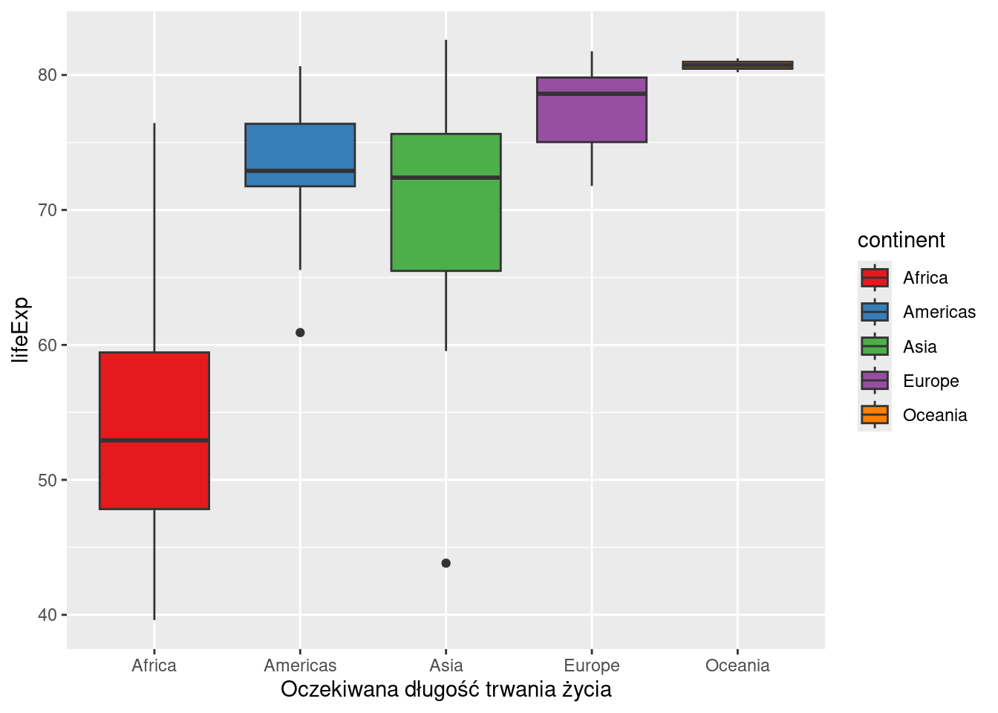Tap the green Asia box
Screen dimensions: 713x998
coord(446,223)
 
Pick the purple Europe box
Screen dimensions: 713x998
coord(592,119)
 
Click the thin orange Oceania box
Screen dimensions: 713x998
coord(737,65)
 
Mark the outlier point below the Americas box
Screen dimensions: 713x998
coord(300,333)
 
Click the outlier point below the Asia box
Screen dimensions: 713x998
coord(446,563)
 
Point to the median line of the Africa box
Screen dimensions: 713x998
coord(154,440)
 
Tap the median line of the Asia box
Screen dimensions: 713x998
coord(446,178)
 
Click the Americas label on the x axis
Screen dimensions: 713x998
coord(300,665)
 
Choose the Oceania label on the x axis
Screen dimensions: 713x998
coord(737,665)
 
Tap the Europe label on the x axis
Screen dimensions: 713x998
coord(592,665)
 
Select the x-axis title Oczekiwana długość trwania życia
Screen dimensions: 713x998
coord(446,690)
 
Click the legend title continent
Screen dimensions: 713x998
coord(901,240)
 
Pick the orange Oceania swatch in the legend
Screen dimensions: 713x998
coord(875,415)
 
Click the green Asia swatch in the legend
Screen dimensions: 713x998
coord(875,347)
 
